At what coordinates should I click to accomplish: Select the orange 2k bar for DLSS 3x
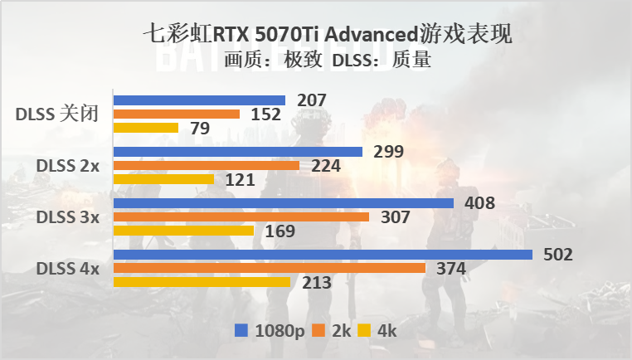tap(241, 217)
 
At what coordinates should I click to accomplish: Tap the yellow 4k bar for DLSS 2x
tap(163, 179)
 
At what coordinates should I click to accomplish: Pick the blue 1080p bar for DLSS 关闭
tap(199, 100)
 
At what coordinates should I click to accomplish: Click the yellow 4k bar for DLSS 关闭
tap(146, 128)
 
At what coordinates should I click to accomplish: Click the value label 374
tap(450, 269)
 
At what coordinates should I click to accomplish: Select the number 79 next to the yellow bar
tap(198, 129)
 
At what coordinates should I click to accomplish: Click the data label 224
tap(324, 166)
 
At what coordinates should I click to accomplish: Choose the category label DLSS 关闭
tap(57, 114)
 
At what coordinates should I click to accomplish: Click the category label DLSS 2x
tap(67, 166)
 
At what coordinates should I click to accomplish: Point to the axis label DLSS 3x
tap(67, 217)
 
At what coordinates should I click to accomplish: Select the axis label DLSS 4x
tap(67, 269)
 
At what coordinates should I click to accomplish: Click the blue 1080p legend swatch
tap(241, 331)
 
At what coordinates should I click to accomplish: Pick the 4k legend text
tap(387, 331)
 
